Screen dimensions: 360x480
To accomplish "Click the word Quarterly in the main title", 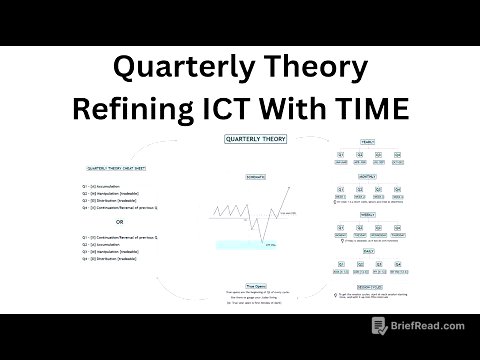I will pos(171,68).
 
